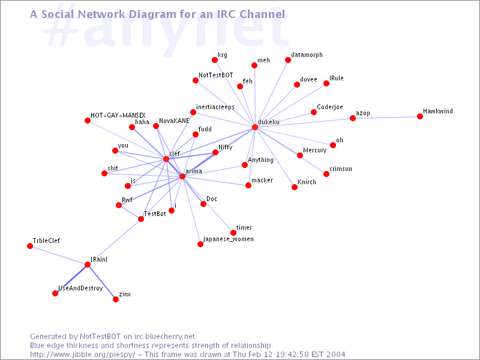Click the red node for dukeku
pos(255,127)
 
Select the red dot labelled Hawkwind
pos(420,116)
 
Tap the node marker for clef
pos(166,159)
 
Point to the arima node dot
pos(182,176)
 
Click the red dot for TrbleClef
pos(30,246)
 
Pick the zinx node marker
pos(116,299)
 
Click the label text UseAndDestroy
pos(80,289)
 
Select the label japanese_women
pos(229,239)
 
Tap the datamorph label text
pos(307,55)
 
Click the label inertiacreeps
pos(220,107)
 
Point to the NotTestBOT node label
pos(215,75)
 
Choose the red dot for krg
pos(215,60)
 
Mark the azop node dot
pos(353,118)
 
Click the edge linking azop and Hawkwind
pos(386,117)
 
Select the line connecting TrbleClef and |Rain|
pos(59,255)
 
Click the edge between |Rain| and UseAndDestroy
pos(72,278)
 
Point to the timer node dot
pos(233,233)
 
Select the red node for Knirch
pos(295,187)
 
